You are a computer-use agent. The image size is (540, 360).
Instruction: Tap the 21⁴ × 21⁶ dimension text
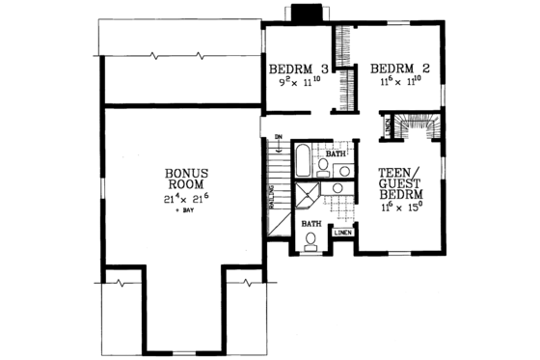click(183, 199)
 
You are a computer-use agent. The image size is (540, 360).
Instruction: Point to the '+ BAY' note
click(183, 210)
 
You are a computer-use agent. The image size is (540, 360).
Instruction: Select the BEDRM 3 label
click(298, 69)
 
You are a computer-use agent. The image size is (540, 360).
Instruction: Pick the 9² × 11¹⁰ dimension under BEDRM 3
click(298, 84)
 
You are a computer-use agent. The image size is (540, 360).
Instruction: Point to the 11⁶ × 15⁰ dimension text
click(396, 204)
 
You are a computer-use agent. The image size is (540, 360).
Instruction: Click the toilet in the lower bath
click(310, 243)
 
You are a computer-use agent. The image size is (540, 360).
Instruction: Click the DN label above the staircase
click(277, 136)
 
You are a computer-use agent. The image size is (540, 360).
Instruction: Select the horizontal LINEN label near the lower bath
click(342, 233)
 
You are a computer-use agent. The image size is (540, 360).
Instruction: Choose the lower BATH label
click(310, 224)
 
